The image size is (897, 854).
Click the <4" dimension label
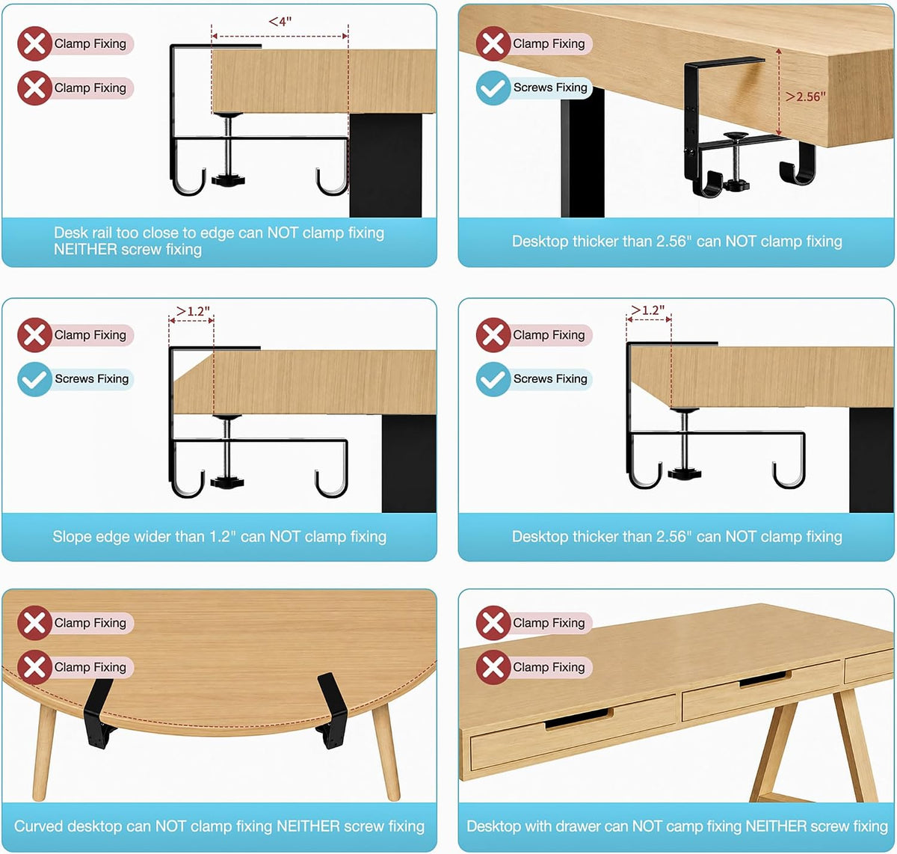[280, 22]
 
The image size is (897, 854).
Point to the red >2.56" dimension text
[806, 96]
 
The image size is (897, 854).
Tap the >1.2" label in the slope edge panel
[193, 311]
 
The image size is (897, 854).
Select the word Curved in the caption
[38, 826]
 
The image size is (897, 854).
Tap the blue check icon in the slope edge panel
[34, 379]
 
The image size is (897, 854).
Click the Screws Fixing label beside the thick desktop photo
[550, 87]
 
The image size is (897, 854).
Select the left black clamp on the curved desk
[98, 714]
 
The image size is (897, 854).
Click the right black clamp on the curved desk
[333, 710]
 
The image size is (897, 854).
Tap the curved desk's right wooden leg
[386, 753]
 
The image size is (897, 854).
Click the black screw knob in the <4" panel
[228, 179]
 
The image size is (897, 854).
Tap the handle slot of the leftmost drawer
[579, 718]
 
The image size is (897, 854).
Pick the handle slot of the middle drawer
[765, 679]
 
